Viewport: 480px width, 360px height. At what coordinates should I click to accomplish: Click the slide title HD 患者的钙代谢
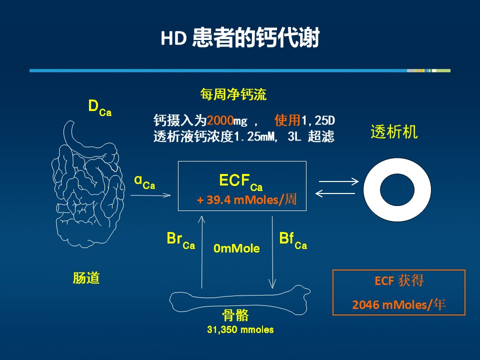240,37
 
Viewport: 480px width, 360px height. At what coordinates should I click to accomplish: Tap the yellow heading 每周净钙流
233,94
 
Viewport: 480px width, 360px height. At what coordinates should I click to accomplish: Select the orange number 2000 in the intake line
220,120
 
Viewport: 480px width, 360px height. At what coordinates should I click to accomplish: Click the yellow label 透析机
394,132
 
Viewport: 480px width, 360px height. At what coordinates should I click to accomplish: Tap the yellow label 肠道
86,277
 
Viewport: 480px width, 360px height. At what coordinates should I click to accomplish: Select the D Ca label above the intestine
100,108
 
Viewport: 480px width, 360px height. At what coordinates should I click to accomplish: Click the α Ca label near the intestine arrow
144,182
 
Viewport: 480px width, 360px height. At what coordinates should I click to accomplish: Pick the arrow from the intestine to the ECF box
150,195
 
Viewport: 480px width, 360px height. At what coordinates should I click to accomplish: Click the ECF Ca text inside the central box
241,182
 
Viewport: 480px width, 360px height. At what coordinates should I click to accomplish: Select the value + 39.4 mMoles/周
246,200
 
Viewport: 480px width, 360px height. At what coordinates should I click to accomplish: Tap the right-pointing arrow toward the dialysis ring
338,181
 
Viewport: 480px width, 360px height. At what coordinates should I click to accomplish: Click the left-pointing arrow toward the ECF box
335,193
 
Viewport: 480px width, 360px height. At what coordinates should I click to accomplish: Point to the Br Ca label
180,240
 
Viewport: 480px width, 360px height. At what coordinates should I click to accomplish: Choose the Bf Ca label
293,240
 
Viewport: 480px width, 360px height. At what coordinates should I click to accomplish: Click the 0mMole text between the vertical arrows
236,248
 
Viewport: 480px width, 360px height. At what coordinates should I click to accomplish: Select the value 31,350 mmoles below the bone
240,329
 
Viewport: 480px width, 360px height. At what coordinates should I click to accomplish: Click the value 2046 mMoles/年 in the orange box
398,304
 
